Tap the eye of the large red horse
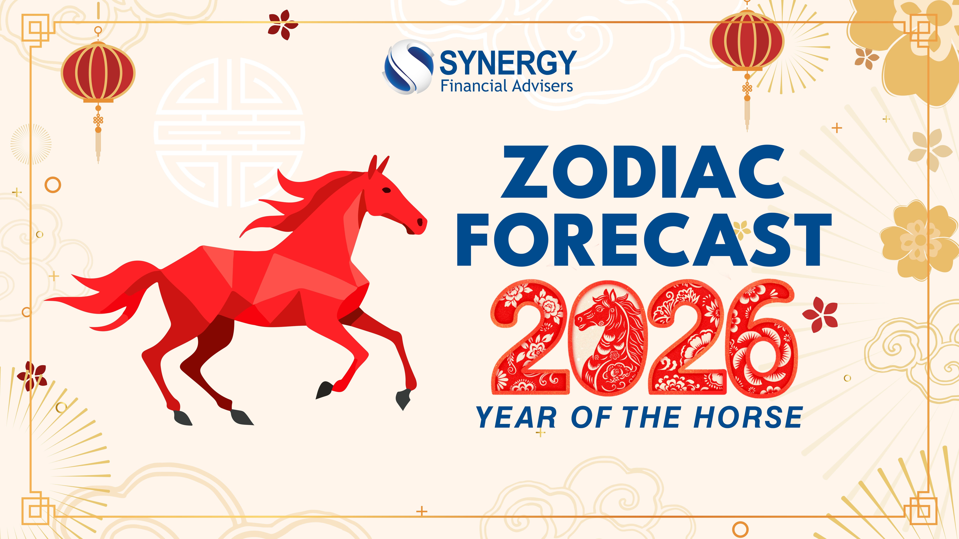tap(387, 190)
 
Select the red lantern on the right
tap(747, 41)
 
